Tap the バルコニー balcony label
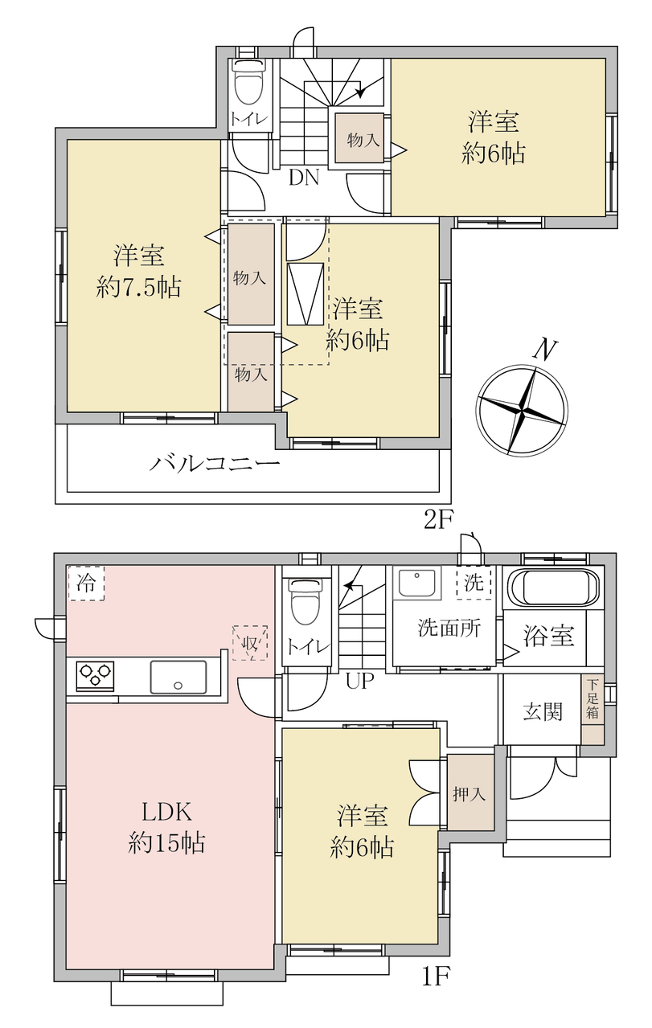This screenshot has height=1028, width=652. click(x=215, y=464)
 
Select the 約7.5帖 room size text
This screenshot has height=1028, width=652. click(x=138, y=289)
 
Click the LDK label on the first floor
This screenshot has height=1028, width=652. click(x=166, y=812)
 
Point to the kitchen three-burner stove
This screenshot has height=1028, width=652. click(x=96, y=675)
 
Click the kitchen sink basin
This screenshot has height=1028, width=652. click(x=178, y=677)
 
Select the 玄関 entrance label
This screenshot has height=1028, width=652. click(x=543, y=712)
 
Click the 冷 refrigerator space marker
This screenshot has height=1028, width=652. click(x=86, y=584)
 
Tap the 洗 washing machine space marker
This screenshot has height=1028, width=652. click(x=474, y=583)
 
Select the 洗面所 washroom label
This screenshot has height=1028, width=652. click(x=449, y=628)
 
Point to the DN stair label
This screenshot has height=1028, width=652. click(x=304, y=178)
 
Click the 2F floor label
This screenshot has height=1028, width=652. click(x=438, y=519)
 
